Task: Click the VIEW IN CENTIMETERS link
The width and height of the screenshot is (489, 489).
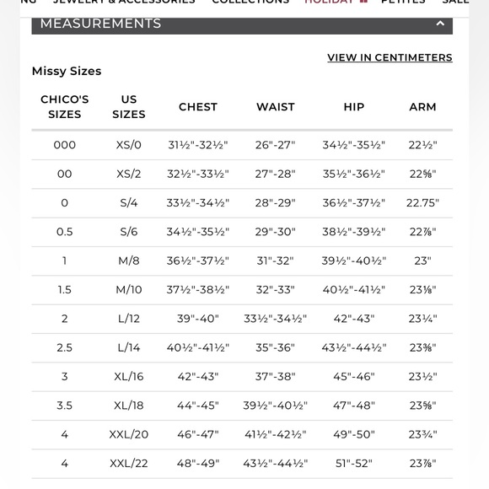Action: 390,58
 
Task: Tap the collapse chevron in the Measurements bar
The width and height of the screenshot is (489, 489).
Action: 440,24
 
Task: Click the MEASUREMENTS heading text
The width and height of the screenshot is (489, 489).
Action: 100,24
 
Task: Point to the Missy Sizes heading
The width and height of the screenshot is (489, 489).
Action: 67,72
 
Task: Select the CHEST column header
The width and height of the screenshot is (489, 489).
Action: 198,107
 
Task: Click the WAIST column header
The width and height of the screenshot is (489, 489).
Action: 276,107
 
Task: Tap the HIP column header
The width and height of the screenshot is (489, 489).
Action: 354,107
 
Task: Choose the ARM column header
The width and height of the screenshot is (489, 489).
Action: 422,107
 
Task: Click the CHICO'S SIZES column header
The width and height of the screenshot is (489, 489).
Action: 65,107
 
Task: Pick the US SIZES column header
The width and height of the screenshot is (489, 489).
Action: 129,107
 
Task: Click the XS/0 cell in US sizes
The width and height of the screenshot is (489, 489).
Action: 129,145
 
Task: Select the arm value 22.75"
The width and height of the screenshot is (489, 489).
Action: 422,203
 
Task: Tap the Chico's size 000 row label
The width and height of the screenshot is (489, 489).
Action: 65,145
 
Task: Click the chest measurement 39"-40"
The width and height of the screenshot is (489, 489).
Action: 198,319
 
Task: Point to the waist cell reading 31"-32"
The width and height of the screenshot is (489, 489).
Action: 276,261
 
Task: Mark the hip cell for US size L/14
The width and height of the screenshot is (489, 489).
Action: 354,348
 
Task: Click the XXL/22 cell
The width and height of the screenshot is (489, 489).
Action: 129,464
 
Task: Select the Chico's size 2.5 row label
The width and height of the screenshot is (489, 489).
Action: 65,348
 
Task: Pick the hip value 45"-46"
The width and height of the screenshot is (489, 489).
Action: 354,377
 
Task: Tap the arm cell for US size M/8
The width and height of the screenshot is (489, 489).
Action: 422,261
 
